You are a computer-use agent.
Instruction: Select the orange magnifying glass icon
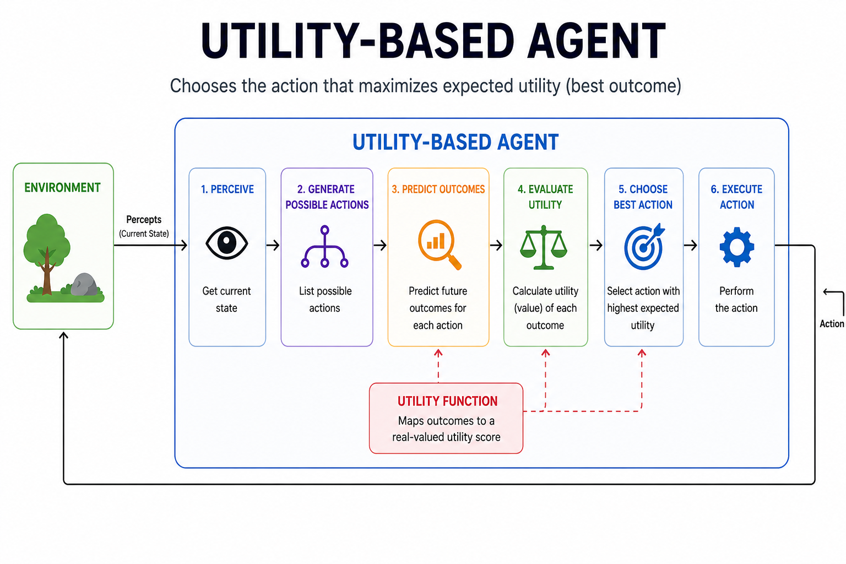click(439, 244)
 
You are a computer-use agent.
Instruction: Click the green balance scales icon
click(544, 247)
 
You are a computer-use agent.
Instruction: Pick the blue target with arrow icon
click(644, 247)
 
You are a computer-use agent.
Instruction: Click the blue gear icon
click(736, 247)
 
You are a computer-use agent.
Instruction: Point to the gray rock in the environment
click(84, 284)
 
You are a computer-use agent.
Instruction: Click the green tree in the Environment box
click(47, 248)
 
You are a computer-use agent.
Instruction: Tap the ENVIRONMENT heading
click(62, 188)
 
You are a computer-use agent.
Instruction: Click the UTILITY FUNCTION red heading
click(447, 401)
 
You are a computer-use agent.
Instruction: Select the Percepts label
click(144, 219)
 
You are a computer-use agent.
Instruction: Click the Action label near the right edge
click(831, 324)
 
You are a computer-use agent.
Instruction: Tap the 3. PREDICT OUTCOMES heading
click(438, 189)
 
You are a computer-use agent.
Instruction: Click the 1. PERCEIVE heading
click(227, 189)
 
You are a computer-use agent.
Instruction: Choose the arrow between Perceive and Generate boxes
click(273, 245)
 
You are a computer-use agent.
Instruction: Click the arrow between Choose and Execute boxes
click(691, 245)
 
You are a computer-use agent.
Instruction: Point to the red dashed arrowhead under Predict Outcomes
click(438, 352)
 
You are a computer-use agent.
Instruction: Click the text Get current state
click(226, 299)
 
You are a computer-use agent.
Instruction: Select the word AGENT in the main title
click(596, 41)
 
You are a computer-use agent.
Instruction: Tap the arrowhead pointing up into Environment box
click(64, 335)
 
